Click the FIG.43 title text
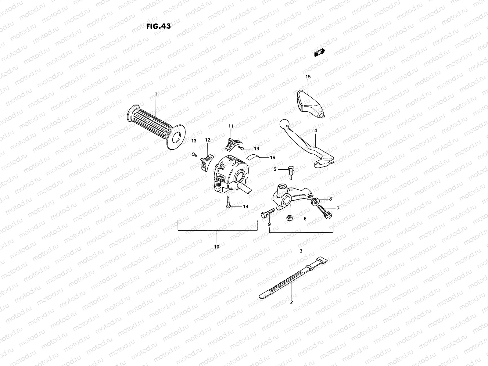[158, 26]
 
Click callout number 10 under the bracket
[217, 247]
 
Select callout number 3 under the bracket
[301, 251]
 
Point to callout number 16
[272, 157]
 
